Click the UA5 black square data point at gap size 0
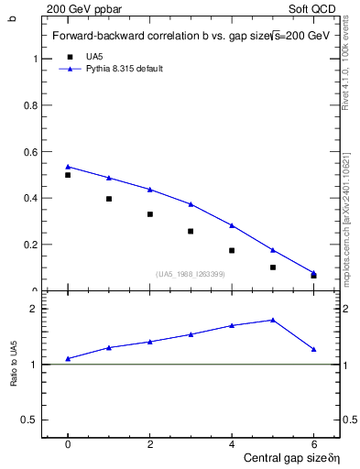click(68, 175)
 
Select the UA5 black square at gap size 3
click(191, 231)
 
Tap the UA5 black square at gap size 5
click(273, 267)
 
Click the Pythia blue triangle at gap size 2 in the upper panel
click(149, 189)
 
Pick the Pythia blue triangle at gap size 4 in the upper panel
click(232, 224)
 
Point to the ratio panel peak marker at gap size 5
click(273, 320)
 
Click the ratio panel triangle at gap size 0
click(68, 358)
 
